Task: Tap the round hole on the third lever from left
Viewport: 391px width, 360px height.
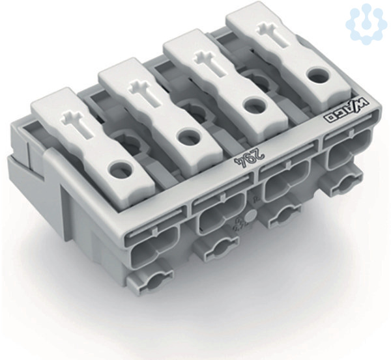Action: click(253, 106)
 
